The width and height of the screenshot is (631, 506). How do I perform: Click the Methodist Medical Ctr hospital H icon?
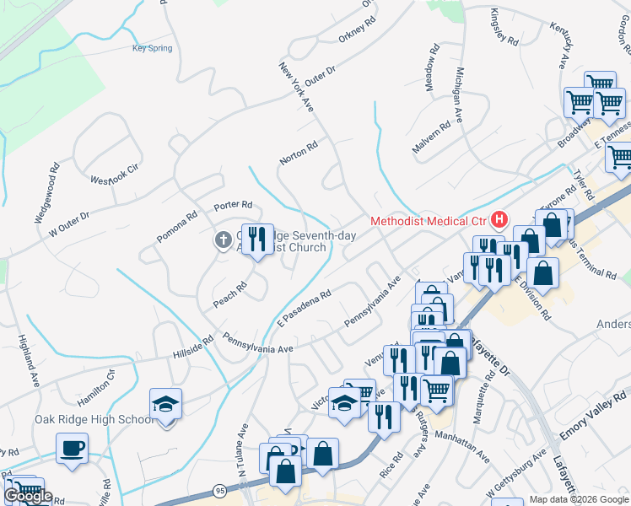coord(499,221)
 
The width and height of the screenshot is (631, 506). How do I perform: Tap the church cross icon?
coord(224,241)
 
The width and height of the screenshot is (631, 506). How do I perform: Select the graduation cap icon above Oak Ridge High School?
coord(165,404)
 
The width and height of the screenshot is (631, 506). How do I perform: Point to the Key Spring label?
coord(152,48)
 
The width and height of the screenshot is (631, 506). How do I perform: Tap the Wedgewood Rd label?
coord(46,193)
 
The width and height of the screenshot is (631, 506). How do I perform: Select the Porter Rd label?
coord(233,205)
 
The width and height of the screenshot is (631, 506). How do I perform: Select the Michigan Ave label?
coord(460,94)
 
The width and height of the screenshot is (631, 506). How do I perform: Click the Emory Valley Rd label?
coord(595,414)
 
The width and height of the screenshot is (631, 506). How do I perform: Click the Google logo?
coord(28,496)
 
